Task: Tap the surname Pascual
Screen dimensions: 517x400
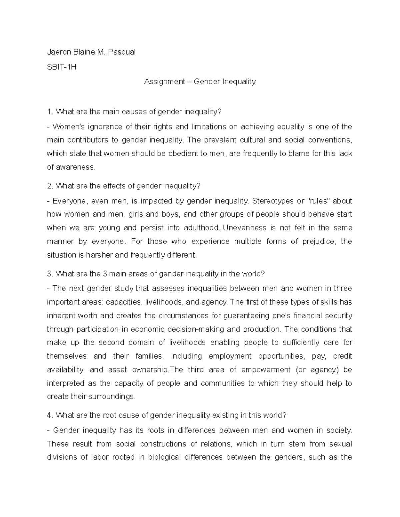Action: click(122, 52)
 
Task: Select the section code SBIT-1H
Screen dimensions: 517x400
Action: click(62, 67)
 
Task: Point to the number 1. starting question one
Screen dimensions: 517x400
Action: click(50, 112)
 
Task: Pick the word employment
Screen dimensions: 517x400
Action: click(230, 356)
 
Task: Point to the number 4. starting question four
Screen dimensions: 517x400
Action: click(50, 415)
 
